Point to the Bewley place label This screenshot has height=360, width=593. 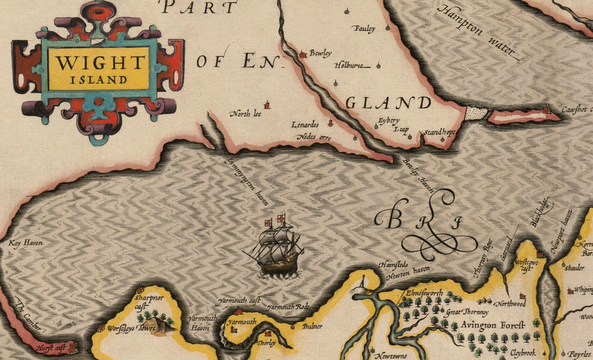pos(320,53)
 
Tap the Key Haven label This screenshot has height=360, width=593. pos(25,243)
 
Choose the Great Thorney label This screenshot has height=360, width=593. pos(467,312)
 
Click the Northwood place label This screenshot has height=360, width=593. pos(511,304)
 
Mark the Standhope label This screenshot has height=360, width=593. pos(439,132)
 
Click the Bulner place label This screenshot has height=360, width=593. pos(312,326)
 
